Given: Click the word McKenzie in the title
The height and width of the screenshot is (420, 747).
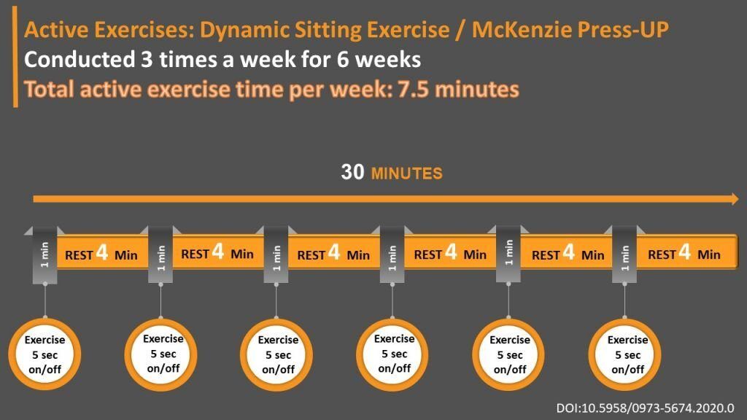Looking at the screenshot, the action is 521,29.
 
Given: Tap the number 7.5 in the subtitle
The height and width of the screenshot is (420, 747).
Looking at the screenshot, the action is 413,89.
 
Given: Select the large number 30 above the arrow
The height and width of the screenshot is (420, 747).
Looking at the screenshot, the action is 352,172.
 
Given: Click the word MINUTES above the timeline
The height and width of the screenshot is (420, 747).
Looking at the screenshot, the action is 407,174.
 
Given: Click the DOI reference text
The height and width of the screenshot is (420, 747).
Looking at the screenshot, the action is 645,408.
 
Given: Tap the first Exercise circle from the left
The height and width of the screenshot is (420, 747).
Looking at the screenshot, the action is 44,354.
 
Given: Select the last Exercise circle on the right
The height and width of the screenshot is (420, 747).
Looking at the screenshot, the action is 625,354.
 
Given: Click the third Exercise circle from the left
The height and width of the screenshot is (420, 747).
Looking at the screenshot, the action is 276,354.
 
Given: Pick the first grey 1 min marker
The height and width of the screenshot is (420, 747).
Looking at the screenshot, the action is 44,255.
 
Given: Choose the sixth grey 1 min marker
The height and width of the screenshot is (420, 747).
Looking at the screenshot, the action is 624,255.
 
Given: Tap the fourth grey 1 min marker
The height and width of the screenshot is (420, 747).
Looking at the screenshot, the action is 392,255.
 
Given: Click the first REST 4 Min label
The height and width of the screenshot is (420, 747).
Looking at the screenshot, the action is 101,254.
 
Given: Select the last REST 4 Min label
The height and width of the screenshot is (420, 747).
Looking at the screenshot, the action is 684,254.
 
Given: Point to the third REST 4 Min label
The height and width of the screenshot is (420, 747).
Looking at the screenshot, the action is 333,254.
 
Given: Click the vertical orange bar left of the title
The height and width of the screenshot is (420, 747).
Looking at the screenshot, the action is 15,57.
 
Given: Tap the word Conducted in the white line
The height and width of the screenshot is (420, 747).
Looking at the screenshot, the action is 80,60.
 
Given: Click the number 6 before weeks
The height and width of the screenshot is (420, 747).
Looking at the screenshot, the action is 343,60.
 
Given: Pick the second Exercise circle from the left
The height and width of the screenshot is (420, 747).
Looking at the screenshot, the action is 161,354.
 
